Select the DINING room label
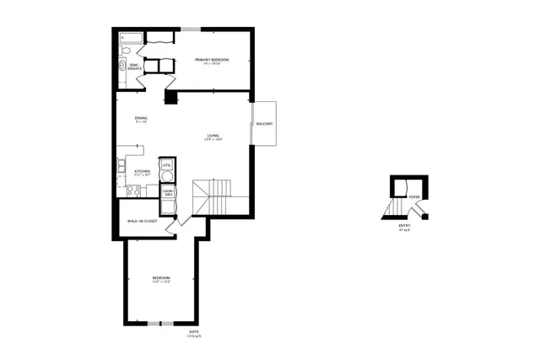click(141, 118)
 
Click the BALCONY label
click(264, 124)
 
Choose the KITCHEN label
click(142, 171)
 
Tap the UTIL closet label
click(167, 164)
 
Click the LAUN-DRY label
click(168, 193)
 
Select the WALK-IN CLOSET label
click(142, 221)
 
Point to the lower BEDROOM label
click(161, 278)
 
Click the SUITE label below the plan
click(195, 333)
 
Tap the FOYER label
click(413, 197)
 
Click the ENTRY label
click(406, 225)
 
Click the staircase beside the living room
click(213, 197)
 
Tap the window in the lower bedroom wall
click(160, 323)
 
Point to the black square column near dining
click(171, 98)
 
